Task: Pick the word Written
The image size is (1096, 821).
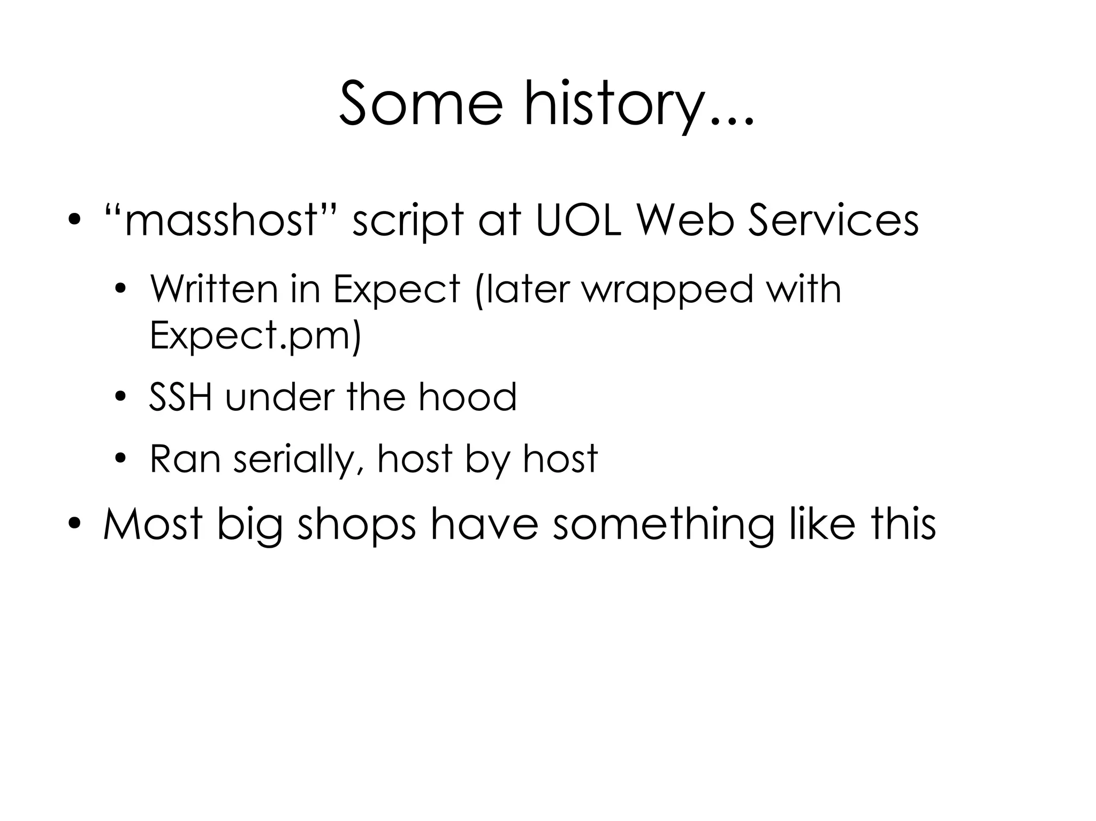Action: (214, 289)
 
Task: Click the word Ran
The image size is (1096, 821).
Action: (185, 458)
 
